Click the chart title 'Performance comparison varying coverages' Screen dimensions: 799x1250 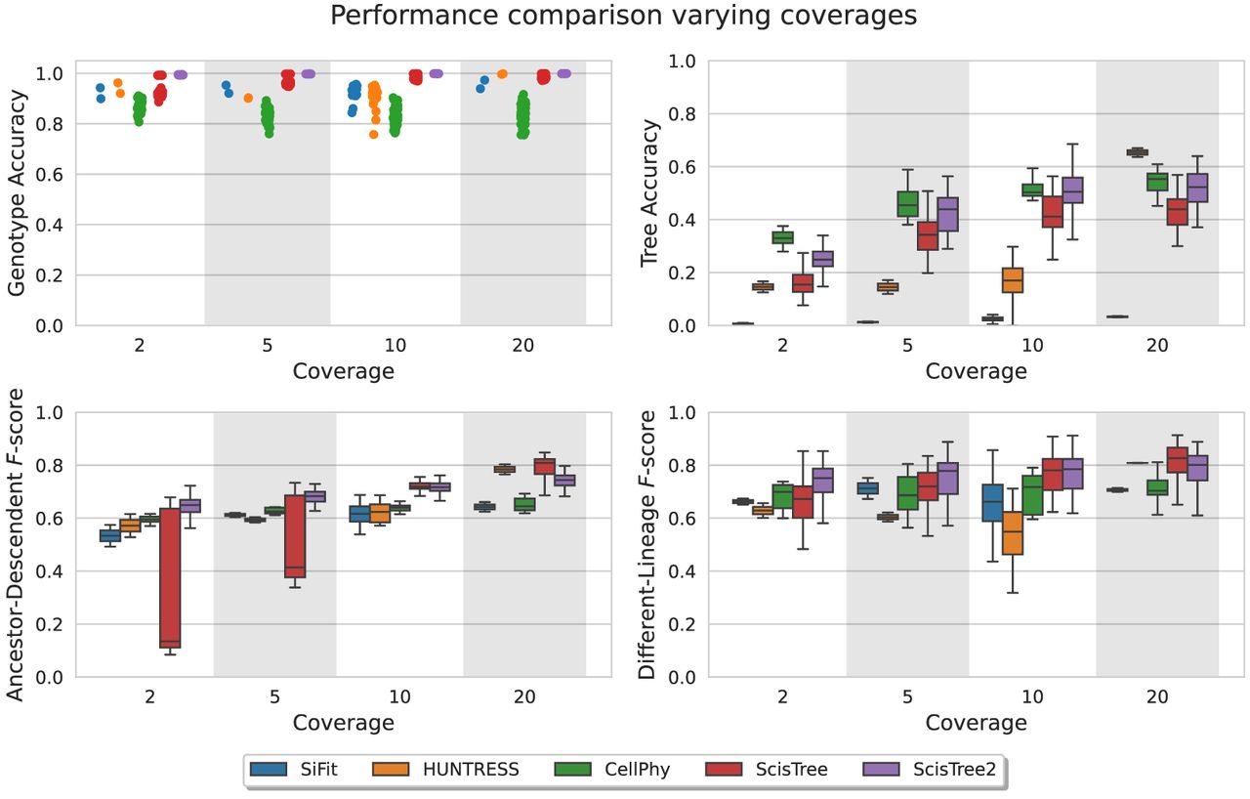pyautogui.click(x=624, y=17)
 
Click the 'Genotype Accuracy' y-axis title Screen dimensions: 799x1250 pyautogui.click(x=18, y=192)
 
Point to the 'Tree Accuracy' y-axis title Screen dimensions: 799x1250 pyautogui.click(x=649, y=192)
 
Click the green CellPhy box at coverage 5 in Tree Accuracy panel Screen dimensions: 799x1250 pyautogui.click(x=908, y=203)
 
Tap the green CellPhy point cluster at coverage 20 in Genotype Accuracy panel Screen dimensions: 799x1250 pyautogui.click(x=523, y=116)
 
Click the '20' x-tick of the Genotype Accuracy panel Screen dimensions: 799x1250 pyautogui.click(x=523, y=345)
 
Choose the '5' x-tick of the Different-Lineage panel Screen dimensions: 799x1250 pyautogui.click(x=908, y=696)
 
